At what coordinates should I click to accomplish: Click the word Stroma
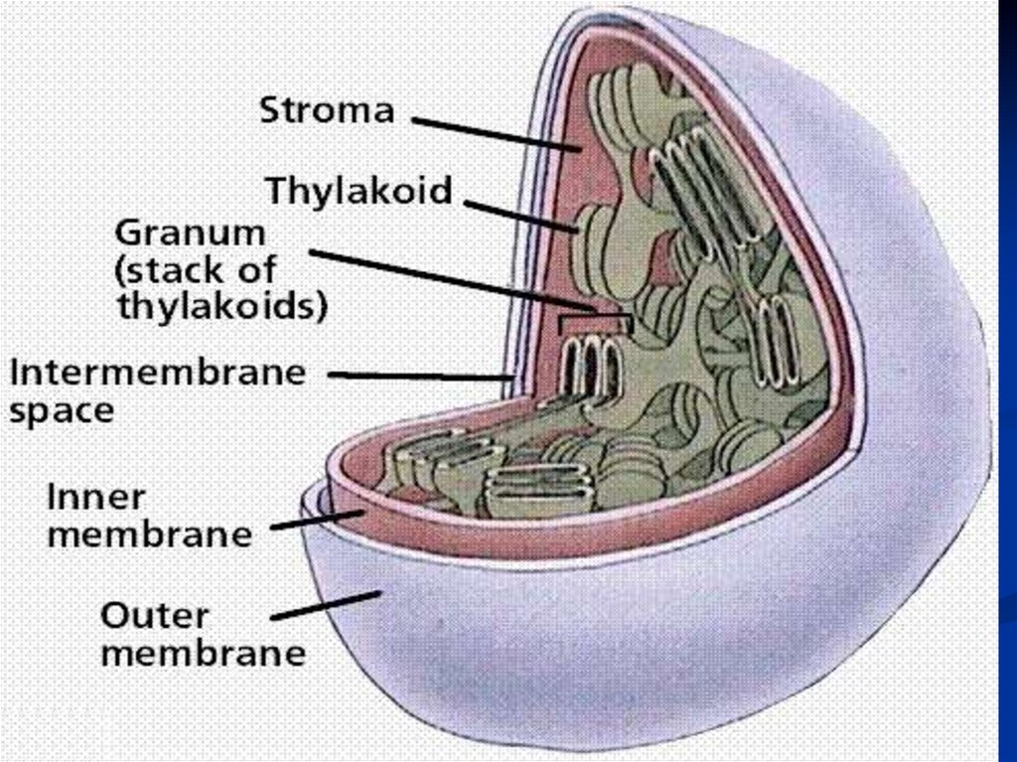(326, 110)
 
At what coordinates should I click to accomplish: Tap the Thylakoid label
(359, 190)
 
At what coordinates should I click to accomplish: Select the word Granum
(191, 235)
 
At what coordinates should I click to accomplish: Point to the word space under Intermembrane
(63, 409)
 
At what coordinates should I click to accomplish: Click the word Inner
(96, 496)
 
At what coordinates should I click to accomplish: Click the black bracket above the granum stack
(594, 321)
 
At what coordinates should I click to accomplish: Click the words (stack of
(196, 270)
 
